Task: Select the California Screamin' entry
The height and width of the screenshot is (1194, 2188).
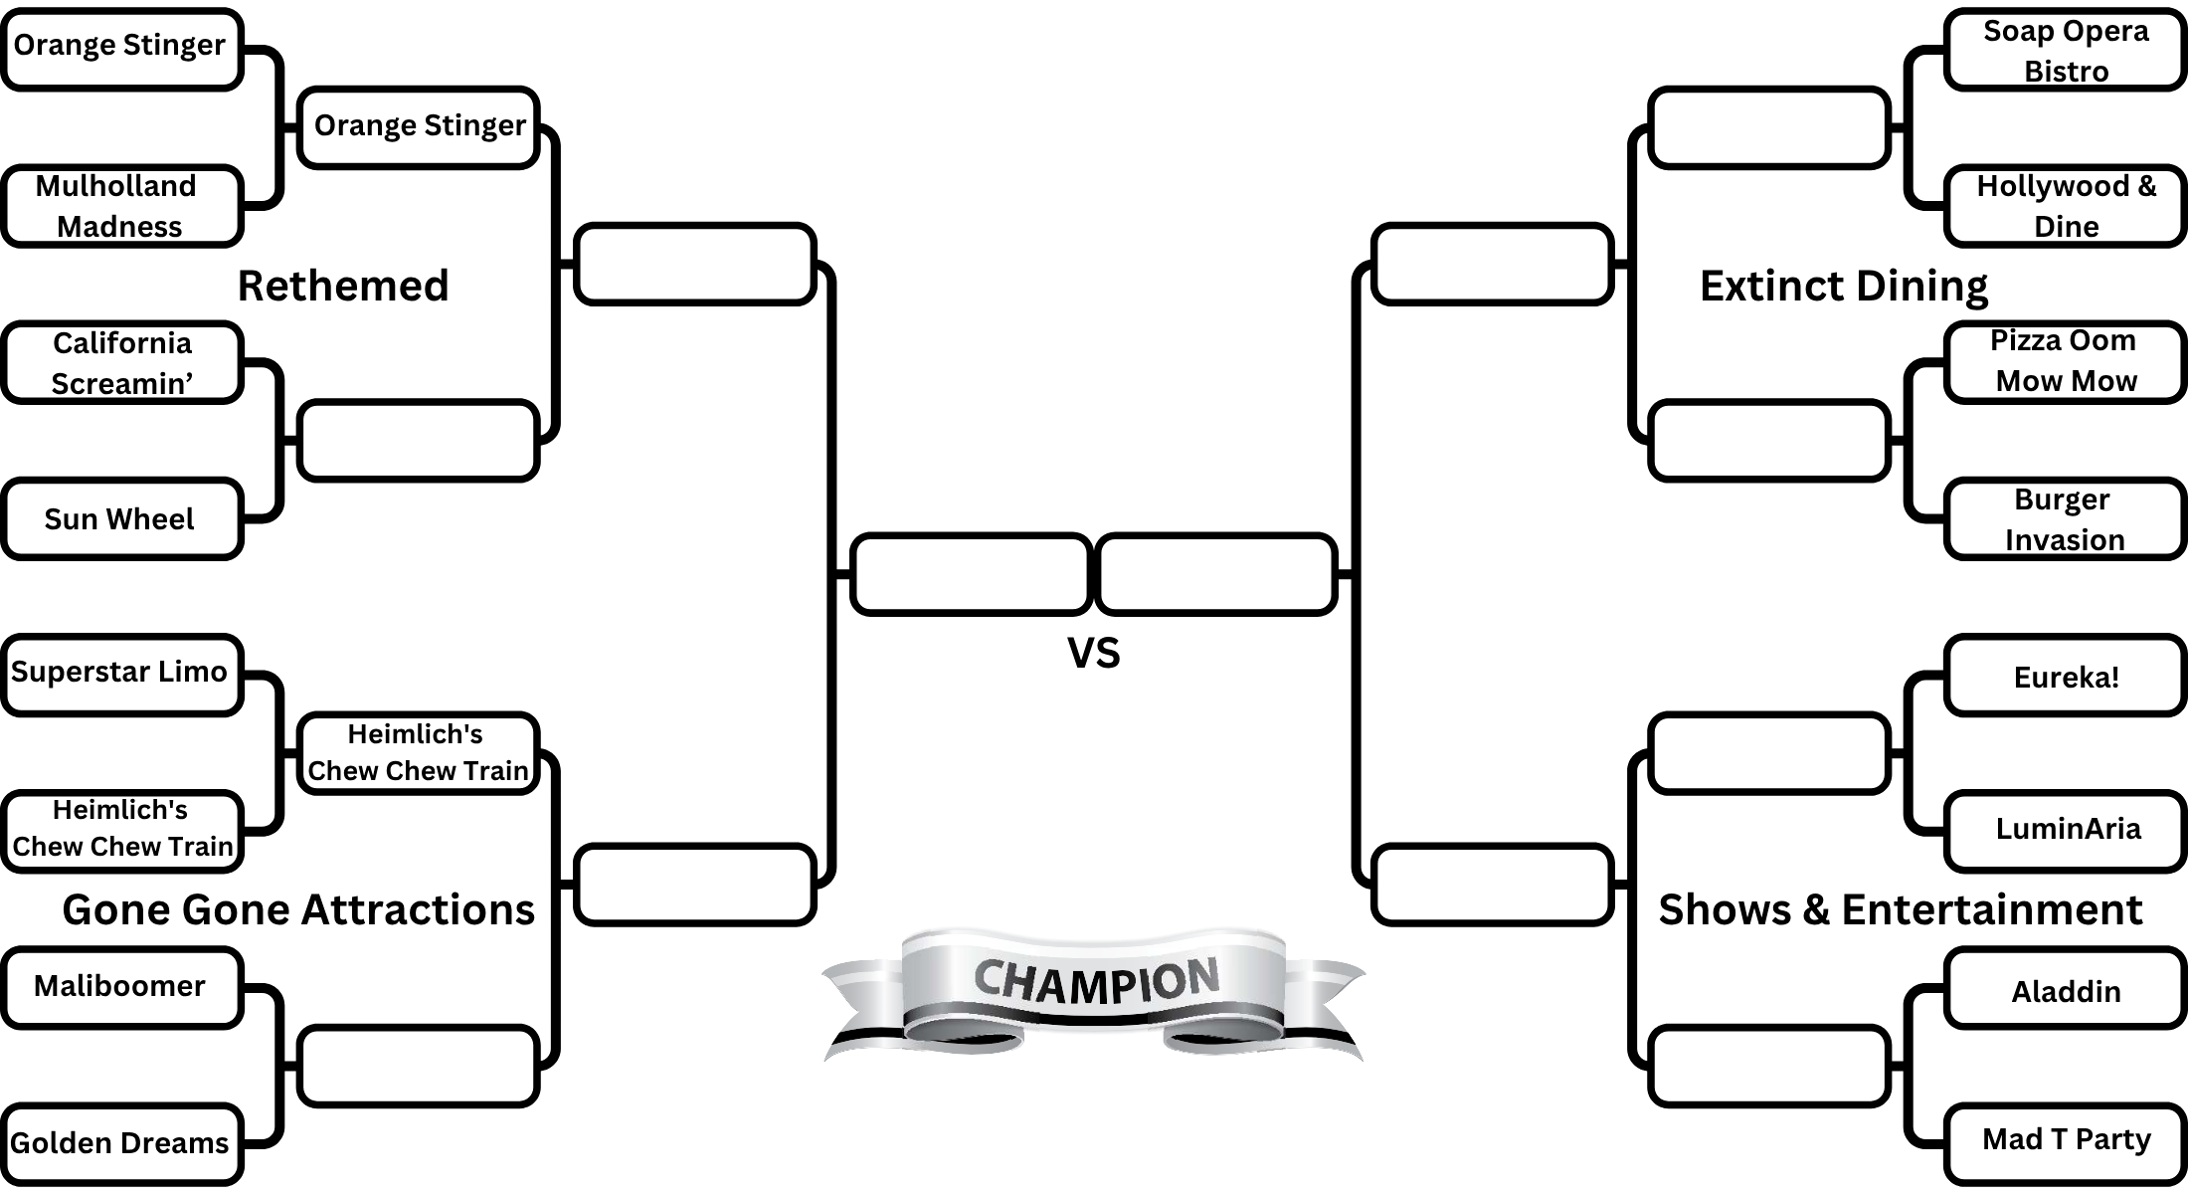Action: [121, 362]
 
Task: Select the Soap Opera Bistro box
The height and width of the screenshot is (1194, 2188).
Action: [2065, 50]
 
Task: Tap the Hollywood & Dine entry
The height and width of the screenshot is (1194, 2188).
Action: [2065, 206]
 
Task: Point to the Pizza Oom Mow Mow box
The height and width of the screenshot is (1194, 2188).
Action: [2065, 361]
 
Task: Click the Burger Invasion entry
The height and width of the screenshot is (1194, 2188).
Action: [2065, 518]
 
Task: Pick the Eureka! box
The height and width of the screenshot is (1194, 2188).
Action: [2065, 677]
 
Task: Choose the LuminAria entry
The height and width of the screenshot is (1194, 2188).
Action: [2065, 829]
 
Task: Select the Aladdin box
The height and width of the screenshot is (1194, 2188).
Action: [2065, 991]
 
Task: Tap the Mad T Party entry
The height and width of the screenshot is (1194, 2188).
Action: [2065, 1139]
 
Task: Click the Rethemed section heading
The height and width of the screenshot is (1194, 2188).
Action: [343, 286]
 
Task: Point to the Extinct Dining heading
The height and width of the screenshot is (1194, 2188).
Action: [1843, 286]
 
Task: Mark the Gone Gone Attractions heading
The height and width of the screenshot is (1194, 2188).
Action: [298, 909]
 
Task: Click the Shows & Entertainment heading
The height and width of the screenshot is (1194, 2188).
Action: [1900, 909]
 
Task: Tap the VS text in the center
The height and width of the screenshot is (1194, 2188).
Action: [1093, 653]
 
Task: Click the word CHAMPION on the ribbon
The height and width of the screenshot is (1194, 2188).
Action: [1096, 980]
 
